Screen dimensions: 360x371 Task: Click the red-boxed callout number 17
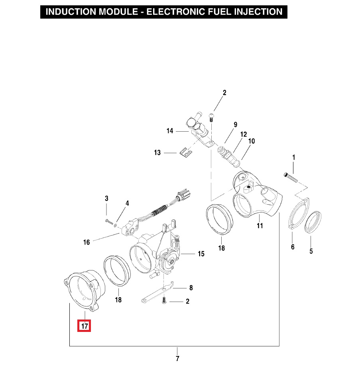point(85,326)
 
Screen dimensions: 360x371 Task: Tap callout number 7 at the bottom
point(177,359)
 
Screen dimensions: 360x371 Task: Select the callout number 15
point(201,254)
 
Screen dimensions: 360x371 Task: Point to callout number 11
point(260,226)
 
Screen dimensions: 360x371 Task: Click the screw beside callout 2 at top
point(211,117)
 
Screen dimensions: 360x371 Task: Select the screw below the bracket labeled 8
point(164,301)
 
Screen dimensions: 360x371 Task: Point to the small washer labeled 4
point(116,225)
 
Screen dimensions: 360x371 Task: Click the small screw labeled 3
point(109,222)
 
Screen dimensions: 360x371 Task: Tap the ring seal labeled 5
point(313,222)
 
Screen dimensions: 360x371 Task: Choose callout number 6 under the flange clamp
point(293,247)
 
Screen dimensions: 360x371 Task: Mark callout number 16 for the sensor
point(87,242)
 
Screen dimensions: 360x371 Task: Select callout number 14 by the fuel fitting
point(170,131)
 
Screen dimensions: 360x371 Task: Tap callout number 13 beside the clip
point(157,153)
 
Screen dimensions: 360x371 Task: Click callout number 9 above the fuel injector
point(235,125)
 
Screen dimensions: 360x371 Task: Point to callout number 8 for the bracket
point(191,288)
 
